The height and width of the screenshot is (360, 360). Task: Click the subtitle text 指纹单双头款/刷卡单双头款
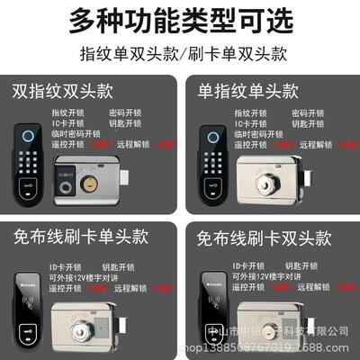pyautogui.click(x=180, y=52)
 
